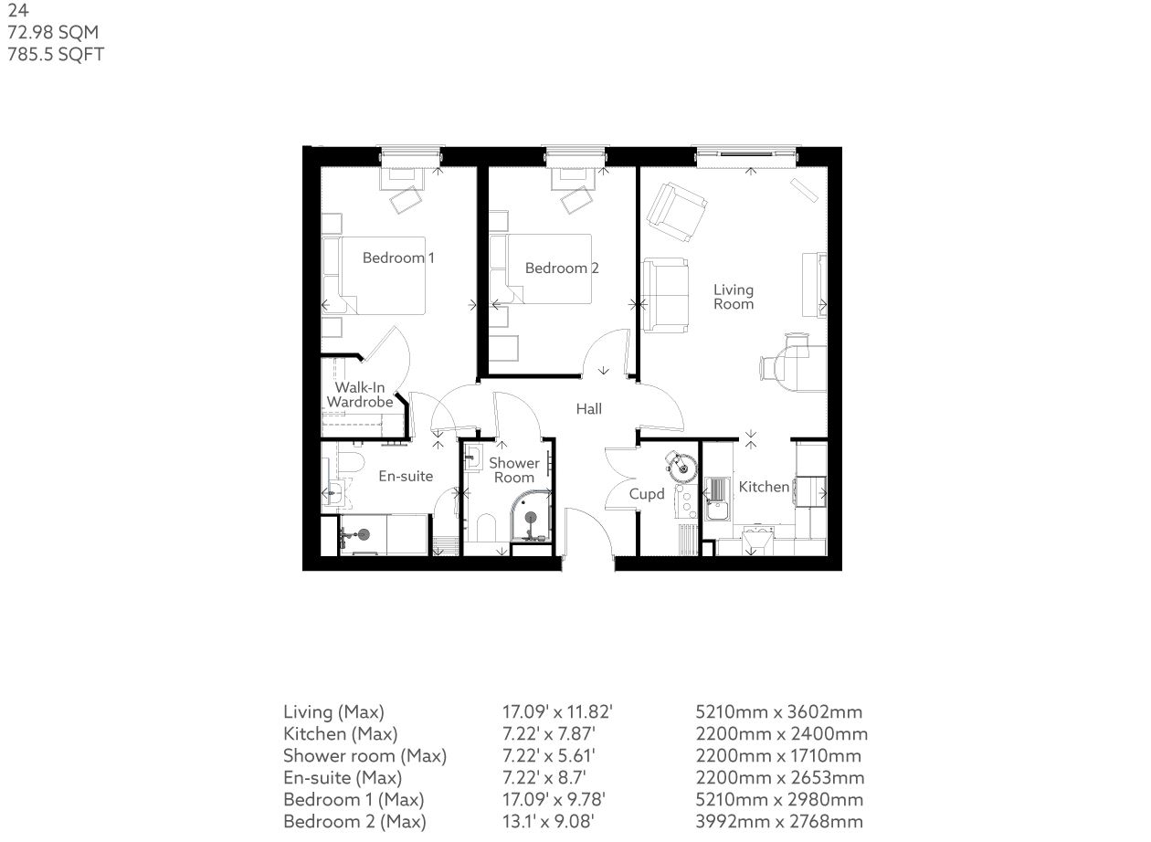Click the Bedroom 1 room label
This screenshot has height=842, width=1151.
pos(398,258)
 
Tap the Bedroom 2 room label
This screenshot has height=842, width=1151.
pos(562,268)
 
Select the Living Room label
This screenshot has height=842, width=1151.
pos(734,297)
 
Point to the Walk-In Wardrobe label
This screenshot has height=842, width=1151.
pos(360,395)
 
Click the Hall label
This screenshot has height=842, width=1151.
pos(589,409)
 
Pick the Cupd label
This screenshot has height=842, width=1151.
pos(647,494)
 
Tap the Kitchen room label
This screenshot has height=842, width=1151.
pos(764,487)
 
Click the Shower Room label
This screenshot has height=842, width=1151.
pos(513,470)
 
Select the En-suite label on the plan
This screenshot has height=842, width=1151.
pos(406,476)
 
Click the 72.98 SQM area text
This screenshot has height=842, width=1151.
pos(53,32)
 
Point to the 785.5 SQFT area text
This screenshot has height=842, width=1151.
pos(56,54)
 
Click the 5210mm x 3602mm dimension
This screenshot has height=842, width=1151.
pos(779,712)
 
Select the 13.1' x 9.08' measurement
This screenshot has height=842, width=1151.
pos(548,821)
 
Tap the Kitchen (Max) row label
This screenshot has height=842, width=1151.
pos(340,734)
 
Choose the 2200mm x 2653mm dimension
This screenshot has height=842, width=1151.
pos(780,778)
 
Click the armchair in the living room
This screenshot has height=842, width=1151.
pos(676,212)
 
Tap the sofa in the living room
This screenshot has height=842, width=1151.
pos(665,295)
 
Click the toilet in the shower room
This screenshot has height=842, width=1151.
pos(486,529)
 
